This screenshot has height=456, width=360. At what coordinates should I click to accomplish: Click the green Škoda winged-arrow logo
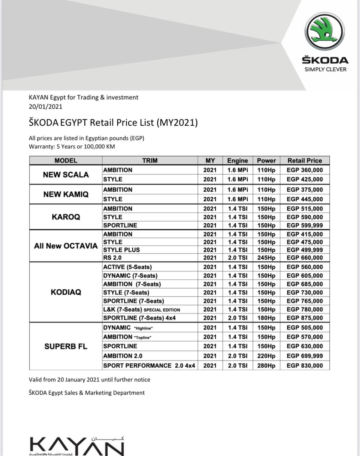click(x=324, y=31)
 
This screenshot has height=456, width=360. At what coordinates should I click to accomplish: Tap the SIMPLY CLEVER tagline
click(x=325, y=69)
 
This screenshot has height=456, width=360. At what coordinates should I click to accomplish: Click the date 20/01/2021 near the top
click(x=46, y=107)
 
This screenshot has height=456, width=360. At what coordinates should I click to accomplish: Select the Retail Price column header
click(x=304, y=161)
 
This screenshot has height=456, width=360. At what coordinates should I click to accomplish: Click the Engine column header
click(x=237, y=161)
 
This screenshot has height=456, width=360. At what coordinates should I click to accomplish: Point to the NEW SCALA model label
click(x=66, y=175)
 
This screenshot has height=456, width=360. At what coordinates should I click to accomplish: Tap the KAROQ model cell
click(x=66, y=217)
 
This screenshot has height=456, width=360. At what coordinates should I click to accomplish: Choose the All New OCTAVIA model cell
click(x=66, y=246)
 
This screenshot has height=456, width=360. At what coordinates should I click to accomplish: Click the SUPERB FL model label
click(x=66, y=346)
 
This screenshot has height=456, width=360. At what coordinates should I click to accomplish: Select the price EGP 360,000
click(x=304, y=170)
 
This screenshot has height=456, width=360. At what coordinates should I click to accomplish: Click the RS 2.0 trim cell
click(x=112, y=258)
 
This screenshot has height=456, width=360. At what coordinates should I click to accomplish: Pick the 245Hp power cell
click(x=266, y=258)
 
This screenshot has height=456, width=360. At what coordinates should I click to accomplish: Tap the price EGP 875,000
click(x=304, y=318)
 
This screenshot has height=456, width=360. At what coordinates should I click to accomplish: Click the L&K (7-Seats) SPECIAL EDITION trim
click(x=142, y=310)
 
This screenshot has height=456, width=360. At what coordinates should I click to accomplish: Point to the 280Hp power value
click(x=266, y=366)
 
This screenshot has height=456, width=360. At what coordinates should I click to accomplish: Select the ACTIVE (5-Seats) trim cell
click(x=127, y=267)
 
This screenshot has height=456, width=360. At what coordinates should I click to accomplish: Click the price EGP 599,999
click(x=304, y=225)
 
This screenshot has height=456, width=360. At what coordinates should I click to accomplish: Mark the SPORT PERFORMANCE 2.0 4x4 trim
click(x=149, y=366)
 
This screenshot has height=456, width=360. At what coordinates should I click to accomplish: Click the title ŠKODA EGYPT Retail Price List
click(x=113, y=123)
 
